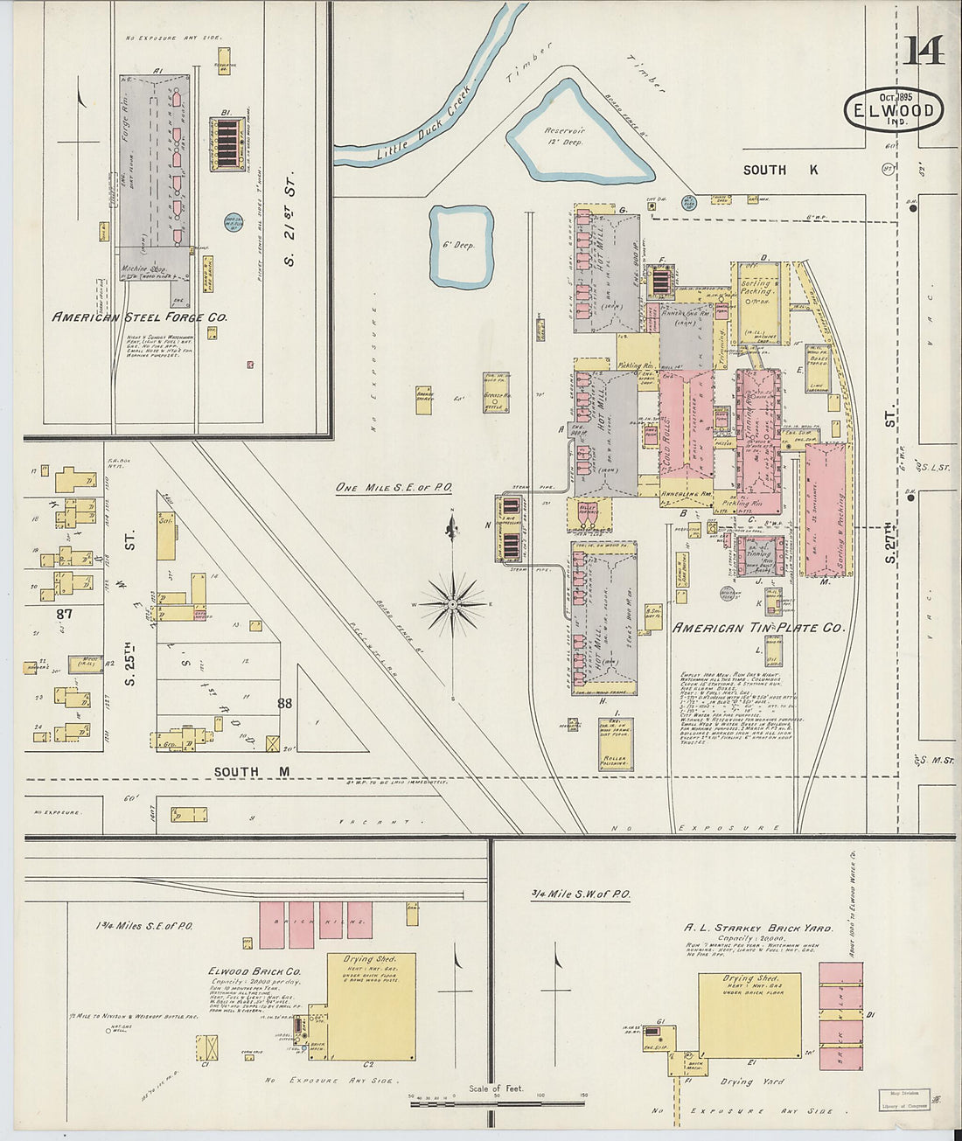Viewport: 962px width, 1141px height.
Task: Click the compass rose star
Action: [453, 603]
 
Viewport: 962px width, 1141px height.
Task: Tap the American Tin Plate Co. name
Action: [757, 628]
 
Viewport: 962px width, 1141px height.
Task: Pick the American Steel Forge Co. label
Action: [139, 317]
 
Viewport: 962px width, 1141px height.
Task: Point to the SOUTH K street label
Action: [780, 170]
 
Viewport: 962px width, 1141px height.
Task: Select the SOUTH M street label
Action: [249, 771]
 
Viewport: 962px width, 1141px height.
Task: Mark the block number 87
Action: [64, 614]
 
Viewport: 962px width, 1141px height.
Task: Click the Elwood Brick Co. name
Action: [254, 971]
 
